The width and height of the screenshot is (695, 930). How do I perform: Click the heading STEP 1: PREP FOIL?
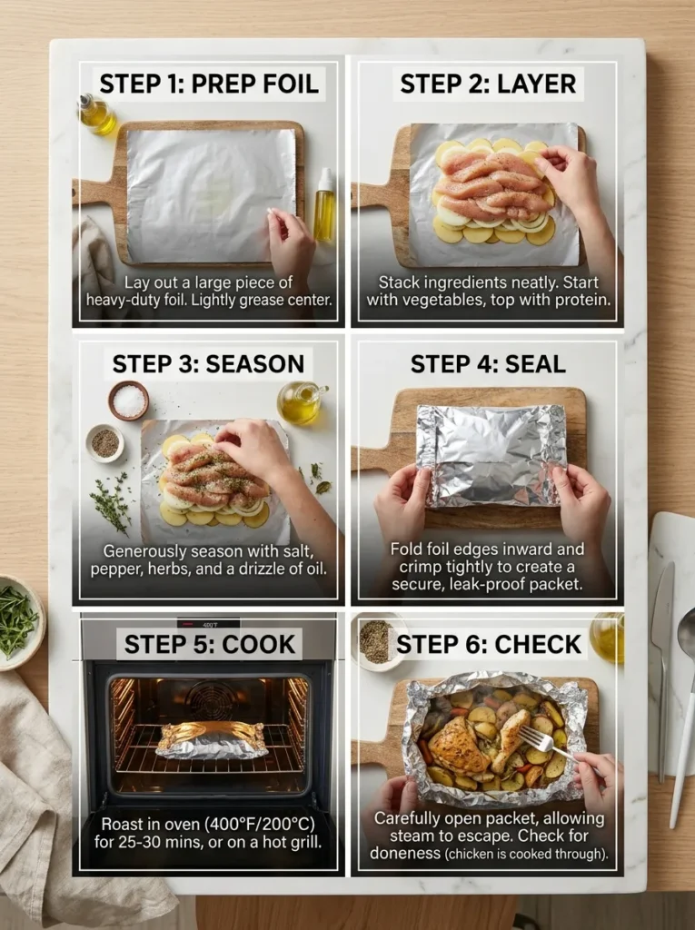[x=209, y=84]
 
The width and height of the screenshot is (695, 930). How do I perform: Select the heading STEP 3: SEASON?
[x=208, y=364]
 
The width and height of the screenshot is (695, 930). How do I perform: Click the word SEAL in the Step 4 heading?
[x=537, y=364]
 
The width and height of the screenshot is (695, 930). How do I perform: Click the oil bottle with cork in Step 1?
[x=95, y=114]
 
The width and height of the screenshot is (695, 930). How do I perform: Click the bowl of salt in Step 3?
[x=129, y=401]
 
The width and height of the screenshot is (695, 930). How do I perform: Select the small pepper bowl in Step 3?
[x=105, y=443]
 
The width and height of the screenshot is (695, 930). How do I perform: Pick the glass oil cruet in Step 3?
[x=300, y=403]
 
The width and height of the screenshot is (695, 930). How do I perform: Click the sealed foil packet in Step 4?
[x=491, y=454]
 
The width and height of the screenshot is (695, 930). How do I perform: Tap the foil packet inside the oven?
[x=212, y=739]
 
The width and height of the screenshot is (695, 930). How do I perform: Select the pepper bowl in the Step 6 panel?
[x=375, y=640]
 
